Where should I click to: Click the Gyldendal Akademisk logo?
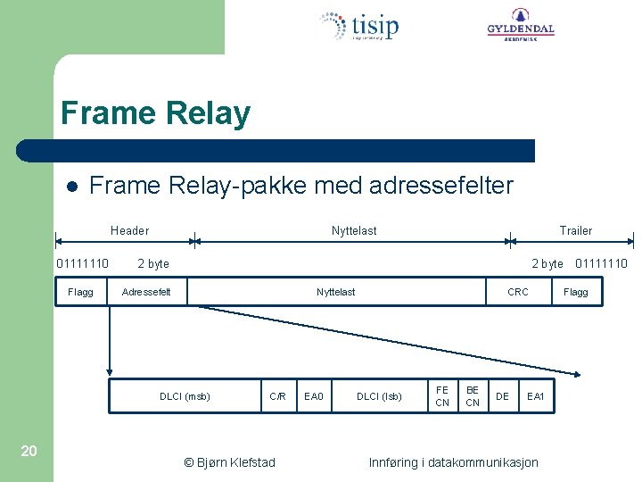pyautogui.click(x=520, y=25)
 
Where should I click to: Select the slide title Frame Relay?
pyautogui.click(x=155, y=114)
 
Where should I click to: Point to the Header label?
pyautogui.click(x=129, y=230)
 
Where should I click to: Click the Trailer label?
pyautogui.click(x=575, y=230)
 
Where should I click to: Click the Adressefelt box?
pyautogui.click(x=146, y=292)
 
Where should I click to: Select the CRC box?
pyautogui.click(x=517, y=292)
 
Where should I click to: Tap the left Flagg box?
pyautogui.click(x=80, y=292)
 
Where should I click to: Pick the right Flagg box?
pyautogui.click(x=576, y=292)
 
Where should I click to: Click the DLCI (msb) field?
pyautogui.click(x=185, y=396)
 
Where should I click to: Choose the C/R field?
pyautogui.click(x=278, y=396)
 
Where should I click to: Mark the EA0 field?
pyautogui.click(x=314, y=396)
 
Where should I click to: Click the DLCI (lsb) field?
pyautogui.click(x=379, y=396)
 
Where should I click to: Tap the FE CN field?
pyautogui.click(x=442, y=396)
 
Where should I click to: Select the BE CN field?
pyautogui.click(x=473, y=396)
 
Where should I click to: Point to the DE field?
pyautogui.click(x=503, y=396)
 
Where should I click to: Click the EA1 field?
pyautogui.click(x=536, y=396)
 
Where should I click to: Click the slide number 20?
pyautogui.click(x=29, y=451)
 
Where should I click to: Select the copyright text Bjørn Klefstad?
pyautogui.click(x=229, y=462)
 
